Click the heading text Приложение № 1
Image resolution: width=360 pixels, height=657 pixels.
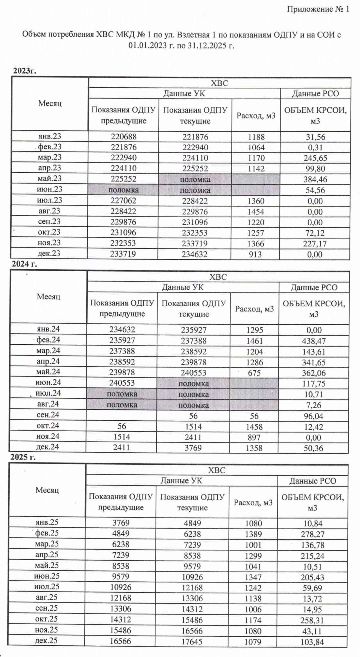tap(318, 9)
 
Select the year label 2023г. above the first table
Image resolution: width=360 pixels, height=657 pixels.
tap(24, 71)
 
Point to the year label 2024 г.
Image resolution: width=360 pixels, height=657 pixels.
tap(24, 264)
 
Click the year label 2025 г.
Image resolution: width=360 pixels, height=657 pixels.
tap(23, 457)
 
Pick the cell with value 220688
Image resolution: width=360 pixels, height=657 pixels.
tap(124, 137)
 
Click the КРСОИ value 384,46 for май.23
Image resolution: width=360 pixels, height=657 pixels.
tap(315, 179)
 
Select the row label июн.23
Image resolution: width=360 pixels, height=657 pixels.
tap(49, 189)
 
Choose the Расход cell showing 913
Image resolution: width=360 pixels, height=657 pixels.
tap(255, 254)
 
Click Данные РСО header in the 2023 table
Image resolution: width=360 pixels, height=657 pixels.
tap(315, 94)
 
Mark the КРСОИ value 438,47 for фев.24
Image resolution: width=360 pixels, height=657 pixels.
tap(314, 341)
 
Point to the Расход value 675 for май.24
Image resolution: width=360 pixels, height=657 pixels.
tap(254, 373)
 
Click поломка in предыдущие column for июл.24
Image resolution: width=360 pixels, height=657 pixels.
tap(122, 394)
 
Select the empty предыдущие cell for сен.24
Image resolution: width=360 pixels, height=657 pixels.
tap(122, 416)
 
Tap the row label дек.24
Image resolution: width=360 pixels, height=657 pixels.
tap(48, 447)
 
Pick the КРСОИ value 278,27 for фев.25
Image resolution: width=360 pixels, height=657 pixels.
tap(313, 534)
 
